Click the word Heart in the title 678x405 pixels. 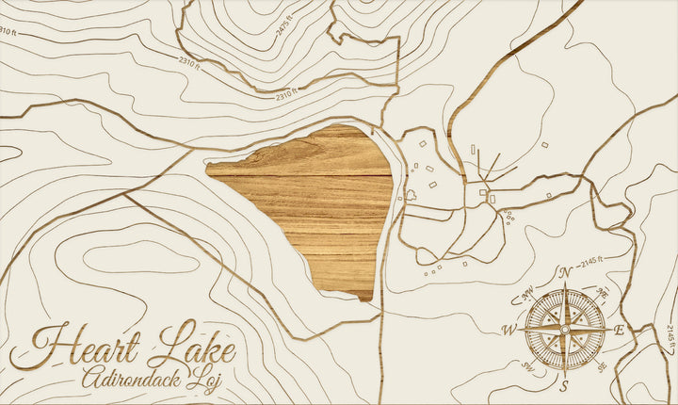tap(77, 346)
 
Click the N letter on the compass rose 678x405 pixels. tap(565, 273)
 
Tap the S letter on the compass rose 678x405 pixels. tap(564, 386)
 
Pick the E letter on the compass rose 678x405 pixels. tap(619, 330)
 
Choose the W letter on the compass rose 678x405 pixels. tap(509, 330)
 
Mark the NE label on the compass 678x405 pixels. tap(603, 293)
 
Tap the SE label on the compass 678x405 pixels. tap(603, 366)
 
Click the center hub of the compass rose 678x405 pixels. tap(564, 330)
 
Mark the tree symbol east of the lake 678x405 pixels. tap(412, 196)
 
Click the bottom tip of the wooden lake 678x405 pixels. tap(365, 298)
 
